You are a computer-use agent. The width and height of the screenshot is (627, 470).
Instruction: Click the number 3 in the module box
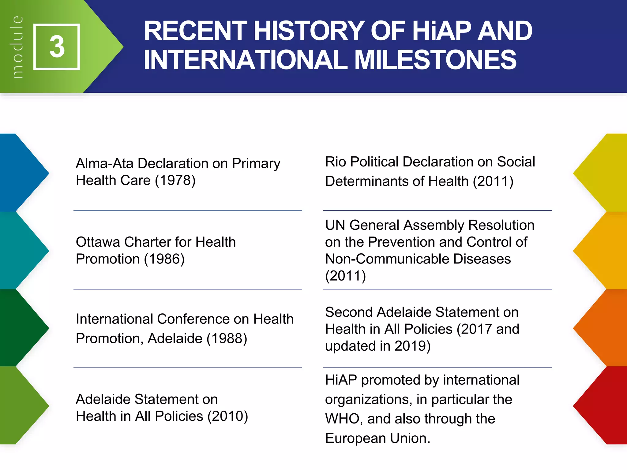(x=57, y=47)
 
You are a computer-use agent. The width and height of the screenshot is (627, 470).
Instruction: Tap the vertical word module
(x=17, y=47)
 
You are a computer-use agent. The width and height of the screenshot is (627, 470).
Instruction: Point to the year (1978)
(x=175, y=180)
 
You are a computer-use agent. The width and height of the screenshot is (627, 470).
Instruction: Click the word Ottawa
(x=98, y=242)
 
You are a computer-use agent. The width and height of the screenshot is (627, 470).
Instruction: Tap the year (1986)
(x=164, y=259)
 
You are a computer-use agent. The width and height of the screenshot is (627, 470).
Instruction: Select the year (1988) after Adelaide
(x=227, y=338)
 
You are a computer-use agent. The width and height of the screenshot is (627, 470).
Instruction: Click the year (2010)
(x=228, y=416)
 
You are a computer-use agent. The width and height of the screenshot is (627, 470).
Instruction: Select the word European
(x=355, y=438)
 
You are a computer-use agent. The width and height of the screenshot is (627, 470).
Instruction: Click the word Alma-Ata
(x=104, y=163)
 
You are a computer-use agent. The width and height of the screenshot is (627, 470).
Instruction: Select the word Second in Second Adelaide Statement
(x=349, y=312)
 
